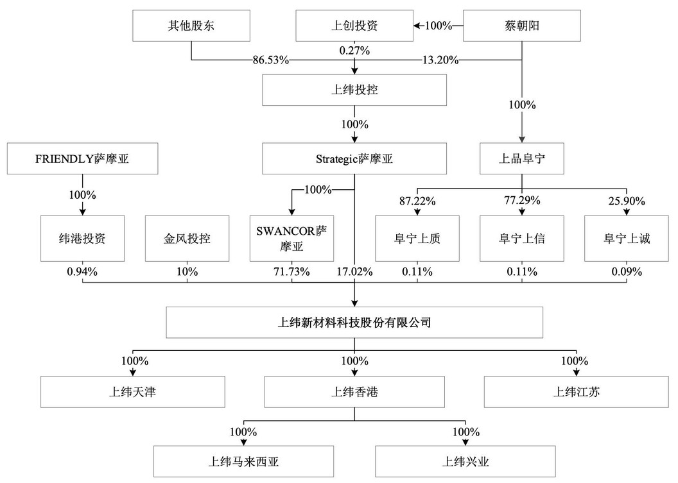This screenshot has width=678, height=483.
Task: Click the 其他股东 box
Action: [x=191, y=26]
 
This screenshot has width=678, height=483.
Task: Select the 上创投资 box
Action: [x=354, y=26]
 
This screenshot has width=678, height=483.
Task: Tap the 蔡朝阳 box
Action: [x=522, y=26]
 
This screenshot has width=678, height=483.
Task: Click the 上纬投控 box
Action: [x=354, y=90]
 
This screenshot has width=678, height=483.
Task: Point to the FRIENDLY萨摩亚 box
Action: [x=83, y=159]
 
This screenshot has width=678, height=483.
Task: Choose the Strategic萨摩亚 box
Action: [x=354, y=159]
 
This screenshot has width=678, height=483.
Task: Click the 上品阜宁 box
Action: [x=522, y=159]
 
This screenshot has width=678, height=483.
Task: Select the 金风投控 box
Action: [x=187, y=239]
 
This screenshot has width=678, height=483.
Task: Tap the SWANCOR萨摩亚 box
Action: [x=292, y=239]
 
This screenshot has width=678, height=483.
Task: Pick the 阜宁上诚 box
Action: [x=627, y=239]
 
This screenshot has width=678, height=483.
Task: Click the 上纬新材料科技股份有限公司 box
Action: [x=354, y=322]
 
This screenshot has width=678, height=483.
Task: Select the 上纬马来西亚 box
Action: [x=244, y=462]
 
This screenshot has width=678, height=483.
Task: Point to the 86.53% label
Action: [x=271, y=60]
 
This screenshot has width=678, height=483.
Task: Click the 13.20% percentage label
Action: [x=440, y=60]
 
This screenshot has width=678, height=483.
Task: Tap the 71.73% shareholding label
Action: [x=292, y=272]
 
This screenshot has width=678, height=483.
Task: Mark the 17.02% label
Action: [x=355, y=272]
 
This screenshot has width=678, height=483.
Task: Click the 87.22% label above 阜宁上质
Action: [x=417, y=201]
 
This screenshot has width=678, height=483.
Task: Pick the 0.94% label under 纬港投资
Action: [x=82, y=272]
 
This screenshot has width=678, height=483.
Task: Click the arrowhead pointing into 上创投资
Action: [x=417, y=26]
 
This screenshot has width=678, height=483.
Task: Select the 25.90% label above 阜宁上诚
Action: [x=627, y=201]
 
